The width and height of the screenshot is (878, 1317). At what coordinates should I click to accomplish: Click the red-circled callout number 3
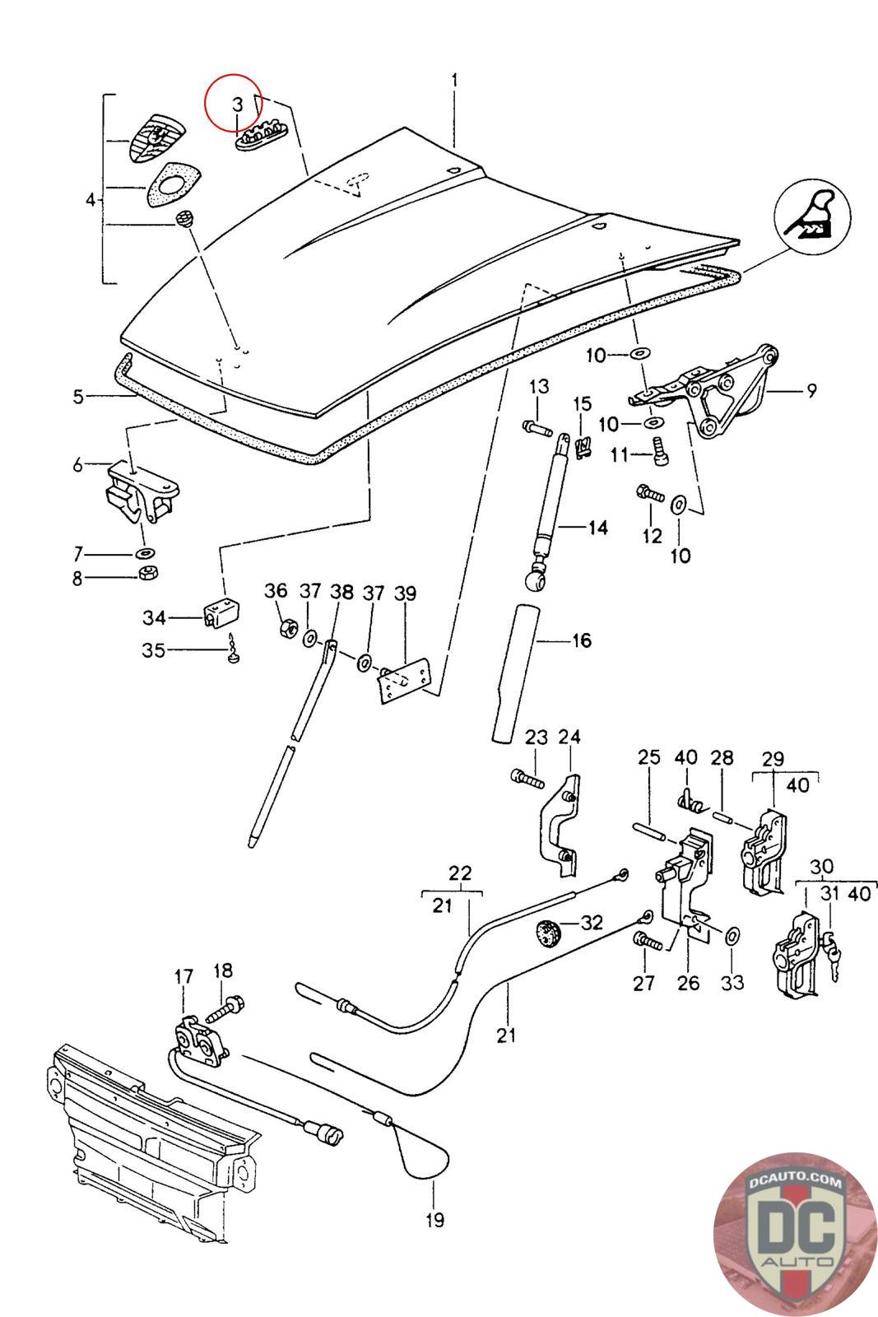236,105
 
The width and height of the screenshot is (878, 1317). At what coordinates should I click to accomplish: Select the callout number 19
434,1219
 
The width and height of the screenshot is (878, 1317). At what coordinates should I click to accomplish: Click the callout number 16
582,640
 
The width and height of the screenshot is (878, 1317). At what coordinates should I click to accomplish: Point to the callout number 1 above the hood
453,81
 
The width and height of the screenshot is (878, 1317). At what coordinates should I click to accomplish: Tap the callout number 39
406,593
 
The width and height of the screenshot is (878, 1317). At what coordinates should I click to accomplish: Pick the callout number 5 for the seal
78,397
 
